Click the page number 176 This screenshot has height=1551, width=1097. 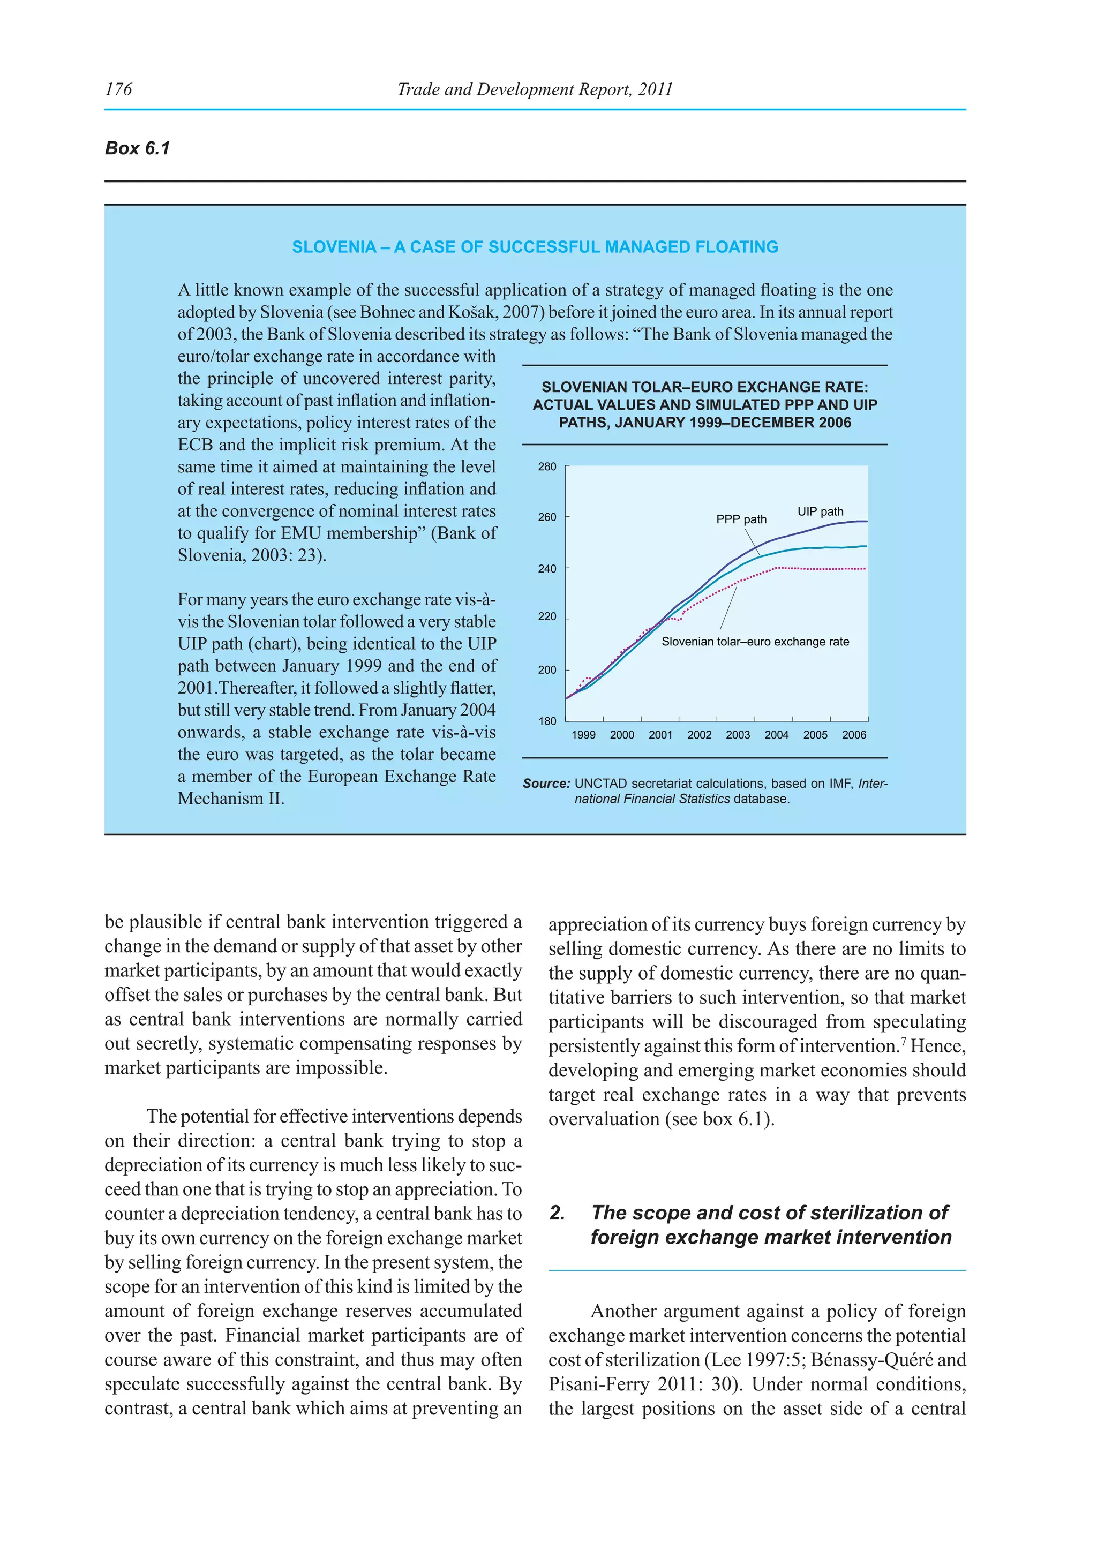pos(118,89)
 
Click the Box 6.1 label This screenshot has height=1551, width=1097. pos(137,148)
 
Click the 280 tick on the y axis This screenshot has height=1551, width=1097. pos(547,467)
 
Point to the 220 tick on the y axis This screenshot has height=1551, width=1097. pos(547,617)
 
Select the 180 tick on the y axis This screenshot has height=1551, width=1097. pos(547,721)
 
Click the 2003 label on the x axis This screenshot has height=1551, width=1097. pos(738,735)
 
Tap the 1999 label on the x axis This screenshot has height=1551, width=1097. pos(584,735)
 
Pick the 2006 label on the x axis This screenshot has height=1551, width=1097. pos(854,735)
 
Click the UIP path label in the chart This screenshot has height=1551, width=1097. pos(820,512)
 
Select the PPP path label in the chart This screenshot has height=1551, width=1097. pos(741,519)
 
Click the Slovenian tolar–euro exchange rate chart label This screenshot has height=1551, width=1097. pos(755,642)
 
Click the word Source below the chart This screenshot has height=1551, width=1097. pos(546,784)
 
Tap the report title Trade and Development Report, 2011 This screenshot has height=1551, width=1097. pos(535,89)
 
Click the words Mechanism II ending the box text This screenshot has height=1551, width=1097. pos(230,799)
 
